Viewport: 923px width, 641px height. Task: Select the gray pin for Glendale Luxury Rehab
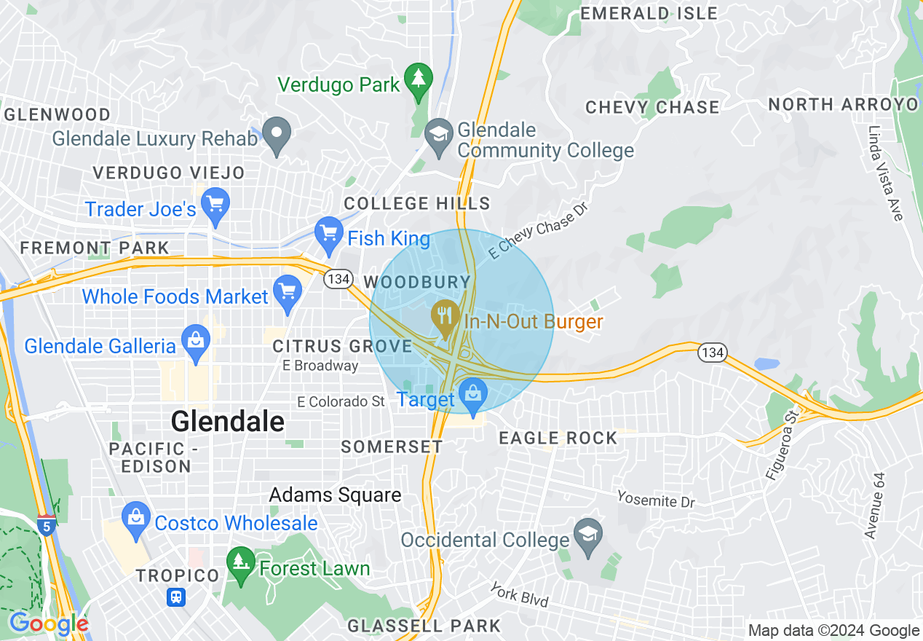tap(277, 133)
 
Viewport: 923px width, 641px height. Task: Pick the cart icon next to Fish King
tap(328, 233)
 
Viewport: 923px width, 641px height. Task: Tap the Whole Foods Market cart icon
tap(288, 290)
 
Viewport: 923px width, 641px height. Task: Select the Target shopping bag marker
tap(473, 393)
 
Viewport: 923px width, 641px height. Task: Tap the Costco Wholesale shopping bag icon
tap(136, 517)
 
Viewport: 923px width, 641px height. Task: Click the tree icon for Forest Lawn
tap(240, 562)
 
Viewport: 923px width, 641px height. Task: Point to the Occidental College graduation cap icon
tap(588, 534)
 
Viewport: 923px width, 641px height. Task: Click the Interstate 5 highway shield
tap(46, 524)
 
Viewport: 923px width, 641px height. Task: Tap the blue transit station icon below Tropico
tap(176, 597)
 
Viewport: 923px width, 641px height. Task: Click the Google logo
tap(49, 624)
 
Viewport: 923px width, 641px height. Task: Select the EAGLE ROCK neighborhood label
tap(558, 438)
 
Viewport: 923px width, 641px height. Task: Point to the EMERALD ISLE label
tap(649, 13)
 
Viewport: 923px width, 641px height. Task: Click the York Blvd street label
tap(518, 594)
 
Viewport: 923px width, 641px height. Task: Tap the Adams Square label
tap(335, 495)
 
